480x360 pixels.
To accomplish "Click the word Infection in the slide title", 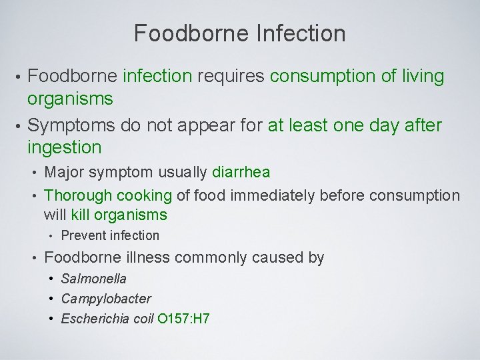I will point(304,33).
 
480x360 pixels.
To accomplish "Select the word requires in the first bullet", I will point(230,77).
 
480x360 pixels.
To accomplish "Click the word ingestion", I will point(64,147).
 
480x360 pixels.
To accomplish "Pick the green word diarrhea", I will point(241,172).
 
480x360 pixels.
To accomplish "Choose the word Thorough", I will point(78,195).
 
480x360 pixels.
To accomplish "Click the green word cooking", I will point(145,195).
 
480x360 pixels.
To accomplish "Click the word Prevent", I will point(83,235).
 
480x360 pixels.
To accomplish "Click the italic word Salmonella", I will point(93,279).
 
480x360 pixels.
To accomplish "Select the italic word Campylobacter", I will point(106,299).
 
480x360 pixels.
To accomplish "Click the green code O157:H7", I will point(184,319).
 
